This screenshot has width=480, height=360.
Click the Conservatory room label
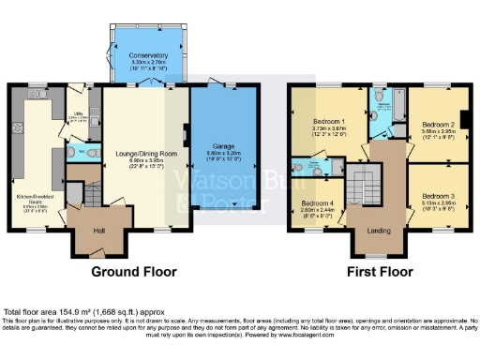coord(143,55)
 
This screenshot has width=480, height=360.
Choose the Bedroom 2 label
coord(438,123)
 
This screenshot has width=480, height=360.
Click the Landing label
coord(378,231)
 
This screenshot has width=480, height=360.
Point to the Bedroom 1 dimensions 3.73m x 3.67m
coord(329,131)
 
